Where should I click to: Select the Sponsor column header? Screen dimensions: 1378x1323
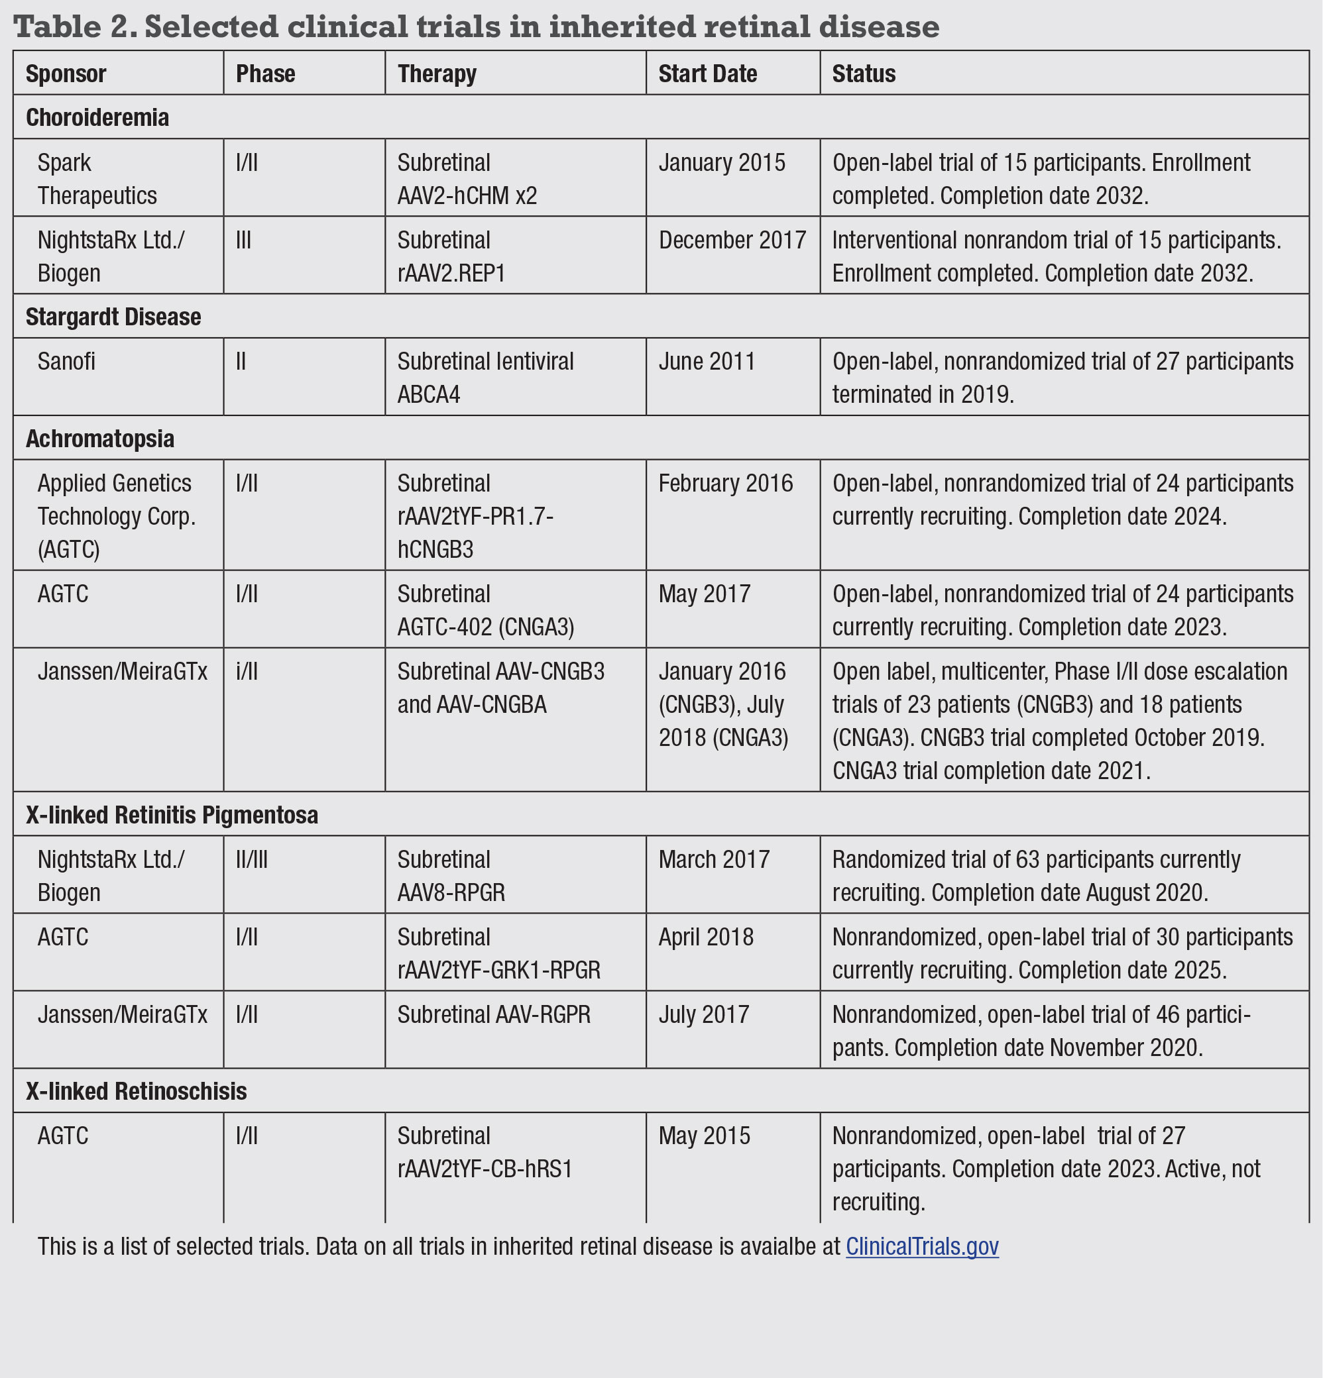tap(66, 74)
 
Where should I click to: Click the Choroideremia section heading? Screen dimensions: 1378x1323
tap(97, 117)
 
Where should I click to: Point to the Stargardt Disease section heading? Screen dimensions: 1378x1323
tap(113, 317)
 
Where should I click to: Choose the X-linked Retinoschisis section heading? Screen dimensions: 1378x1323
tap(136, 1091)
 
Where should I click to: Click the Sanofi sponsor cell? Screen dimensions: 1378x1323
tap(66, 361)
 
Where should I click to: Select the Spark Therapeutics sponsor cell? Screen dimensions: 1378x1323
tap(97, 179)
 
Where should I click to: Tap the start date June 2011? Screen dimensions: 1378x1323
tap(706, 361)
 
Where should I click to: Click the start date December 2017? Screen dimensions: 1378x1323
tap(732, 240)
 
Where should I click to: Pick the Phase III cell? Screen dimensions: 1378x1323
tap(243, 240)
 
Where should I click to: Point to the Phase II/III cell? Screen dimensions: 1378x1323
tap(251, 859)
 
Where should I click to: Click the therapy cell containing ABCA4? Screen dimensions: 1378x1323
tap(485, 378)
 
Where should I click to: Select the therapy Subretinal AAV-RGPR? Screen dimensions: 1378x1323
tap(493, 1014)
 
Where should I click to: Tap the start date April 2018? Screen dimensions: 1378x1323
tap(705, 937)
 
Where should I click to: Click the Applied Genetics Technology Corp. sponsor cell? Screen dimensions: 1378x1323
tap(116, 516)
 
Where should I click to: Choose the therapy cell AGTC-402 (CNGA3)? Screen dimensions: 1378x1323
tap(485, 610)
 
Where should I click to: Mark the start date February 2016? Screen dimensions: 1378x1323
tap(725, 484)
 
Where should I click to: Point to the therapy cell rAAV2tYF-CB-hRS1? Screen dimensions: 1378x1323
tap(485, 1152)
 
